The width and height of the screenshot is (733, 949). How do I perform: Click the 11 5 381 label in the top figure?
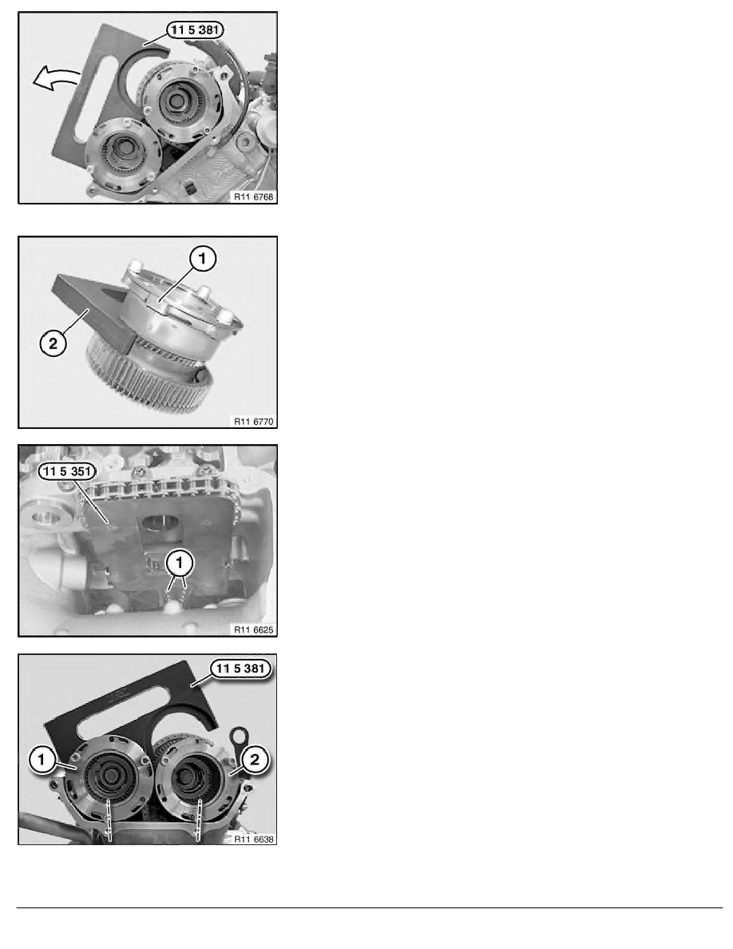pyautogui.click(x=195, y=30)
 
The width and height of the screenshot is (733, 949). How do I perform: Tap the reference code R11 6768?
pyautogui.click(x=253, y=197)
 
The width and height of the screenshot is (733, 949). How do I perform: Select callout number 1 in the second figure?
pyautogui.click(x=203, y=259)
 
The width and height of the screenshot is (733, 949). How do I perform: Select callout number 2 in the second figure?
pyautogui.click(x=53, y=343)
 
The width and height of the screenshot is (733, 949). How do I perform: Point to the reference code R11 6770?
pyautogui.click(x=253, y=421)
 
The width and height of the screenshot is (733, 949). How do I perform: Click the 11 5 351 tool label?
pyautogui.click(x=66, y=471)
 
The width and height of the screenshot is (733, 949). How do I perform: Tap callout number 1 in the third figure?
pyautogui.click(x=178, y=563)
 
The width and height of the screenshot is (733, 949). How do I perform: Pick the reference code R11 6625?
pyautogui.click(x=253, y=629)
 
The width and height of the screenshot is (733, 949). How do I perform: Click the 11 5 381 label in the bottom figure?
pyautogui.click(x=240, y=669)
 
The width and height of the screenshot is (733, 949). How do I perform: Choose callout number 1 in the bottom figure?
pyautogui.click(x=42, y=759)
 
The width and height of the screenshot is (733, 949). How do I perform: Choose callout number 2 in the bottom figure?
pyautogui.click(x=254, y=759)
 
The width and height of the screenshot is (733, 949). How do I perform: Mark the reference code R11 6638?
pyautogui.click(x=253, y=839)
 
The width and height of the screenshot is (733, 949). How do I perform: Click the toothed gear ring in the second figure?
pyautogui.click(x=149, y=376)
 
